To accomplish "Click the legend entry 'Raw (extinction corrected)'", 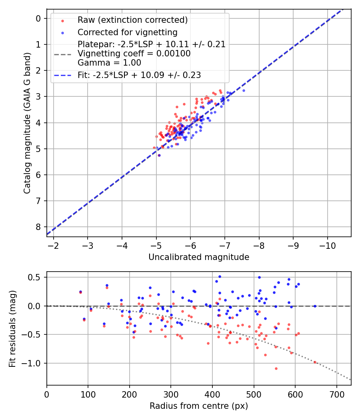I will [x=132, y=20].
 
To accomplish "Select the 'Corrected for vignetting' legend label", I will [x=127, y=32].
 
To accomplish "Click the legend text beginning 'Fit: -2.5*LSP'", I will [x=139, y=75].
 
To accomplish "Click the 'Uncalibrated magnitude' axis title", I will [x=199, y=257].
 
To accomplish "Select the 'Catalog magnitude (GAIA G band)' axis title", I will [x=27, y=123].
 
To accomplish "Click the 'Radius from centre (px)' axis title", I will [x=199, y=406].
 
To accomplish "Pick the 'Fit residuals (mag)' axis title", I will [x=12, y=329].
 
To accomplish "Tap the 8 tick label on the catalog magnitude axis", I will [x=38, y=227].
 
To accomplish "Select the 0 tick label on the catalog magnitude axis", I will [x=38, y=18].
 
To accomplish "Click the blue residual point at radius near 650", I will [x=315, y=306].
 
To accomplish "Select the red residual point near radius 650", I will [x=315, y=362].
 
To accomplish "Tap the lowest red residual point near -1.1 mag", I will [x=276, y=368].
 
